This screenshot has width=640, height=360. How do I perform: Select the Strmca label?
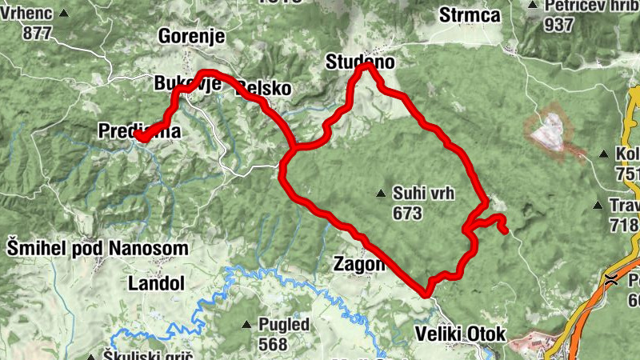click(470, 15)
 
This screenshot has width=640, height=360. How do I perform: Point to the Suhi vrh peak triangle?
click(382, 193)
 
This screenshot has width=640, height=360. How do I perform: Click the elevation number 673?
click(407, 214)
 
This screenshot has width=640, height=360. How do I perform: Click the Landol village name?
click(156, 283)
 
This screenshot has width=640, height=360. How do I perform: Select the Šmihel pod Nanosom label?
click(98, 248)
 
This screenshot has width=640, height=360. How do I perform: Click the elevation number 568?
click(273, 345)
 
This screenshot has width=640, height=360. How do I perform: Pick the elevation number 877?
click(38, 33)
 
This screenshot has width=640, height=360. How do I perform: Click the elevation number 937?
click(559, 25)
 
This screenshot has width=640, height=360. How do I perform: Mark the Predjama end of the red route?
click(138, 138)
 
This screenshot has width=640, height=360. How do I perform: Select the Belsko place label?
click(264, 89)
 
